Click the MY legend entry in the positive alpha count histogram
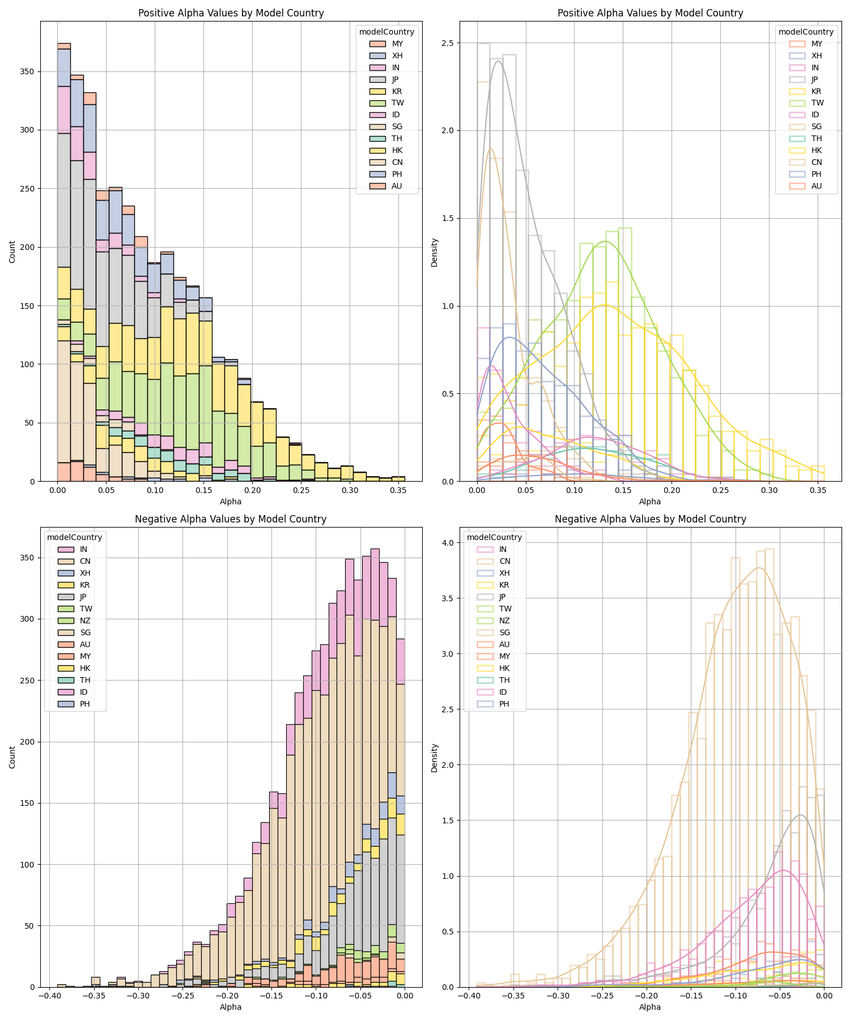386,44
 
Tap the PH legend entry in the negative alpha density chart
494,704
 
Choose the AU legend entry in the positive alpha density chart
805,186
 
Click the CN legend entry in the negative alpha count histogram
74,561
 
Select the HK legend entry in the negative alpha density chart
494,668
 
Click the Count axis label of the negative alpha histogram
12,757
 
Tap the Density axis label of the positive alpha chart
434,252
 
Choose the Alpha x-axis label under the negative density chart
650,1007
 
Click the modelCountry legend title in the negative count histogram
74,537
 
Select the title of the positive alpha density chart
650,13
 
